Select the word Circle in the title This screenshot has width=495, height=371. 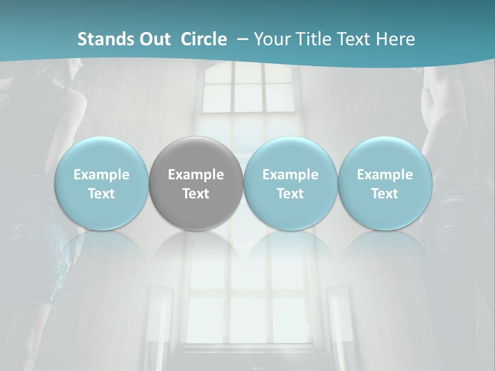coord(204,39)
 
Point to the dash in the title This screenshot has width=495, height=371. coord(241,40)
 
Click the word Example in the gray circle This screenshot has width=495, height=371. coord(196,175)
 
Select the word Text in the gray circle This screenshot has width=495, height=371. coord(196,194)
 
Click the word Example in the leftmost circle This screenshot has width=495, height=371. coord(101,175)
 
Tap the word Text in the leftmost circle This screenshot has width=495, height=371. coord(101,194)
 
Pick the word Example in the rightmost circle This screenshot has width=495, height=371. coord(385,175)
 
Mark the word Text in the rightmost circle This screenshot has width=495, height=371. coord(385,194)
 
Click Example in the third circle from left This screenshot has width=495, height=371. coord(290,175)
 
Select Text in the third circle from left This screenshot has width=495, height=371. coord(290,194)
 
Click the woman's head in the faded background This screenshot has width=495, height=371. coord(72,70)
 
